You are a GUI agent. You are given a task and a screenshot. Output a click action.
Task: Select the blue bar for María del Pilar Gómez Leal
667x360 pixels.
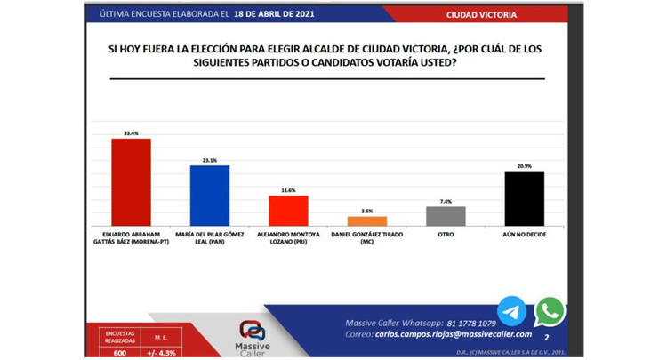point(210,195)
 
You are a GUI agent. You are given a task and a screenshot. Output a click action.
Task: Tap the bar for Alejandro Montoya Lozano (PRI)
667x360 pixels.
point(288,210)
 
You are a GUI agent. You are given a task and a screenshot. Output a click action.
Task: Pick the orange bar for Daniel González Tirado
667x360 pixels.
point(367,220)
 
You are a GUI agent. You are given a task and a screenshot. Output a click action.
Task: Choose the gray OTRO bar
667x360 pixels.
point(446,215)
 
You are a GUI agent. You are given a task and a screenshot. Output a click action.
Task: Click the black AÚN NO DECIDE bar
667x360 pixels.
point(524,197)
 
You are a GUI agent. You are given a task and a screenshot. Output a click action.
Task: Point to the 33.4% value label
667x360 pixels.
point(130,133)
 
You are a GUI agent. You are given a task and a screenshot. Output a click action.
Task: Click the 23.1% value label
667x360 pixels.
point(210,160)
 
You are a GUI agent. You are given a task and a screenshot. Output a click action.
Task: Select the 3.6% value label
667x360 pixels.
point(367,212)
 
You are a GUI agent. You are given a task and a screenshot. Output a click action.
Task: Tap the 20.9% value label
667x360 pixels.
point(524,165)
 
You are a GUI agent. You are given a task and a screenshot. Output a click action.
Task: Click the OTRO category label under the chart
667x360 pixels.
point(446,233)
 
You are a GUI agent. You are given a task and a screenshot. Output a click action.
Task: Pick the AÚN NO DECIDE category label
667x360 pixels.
point(524,233)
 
